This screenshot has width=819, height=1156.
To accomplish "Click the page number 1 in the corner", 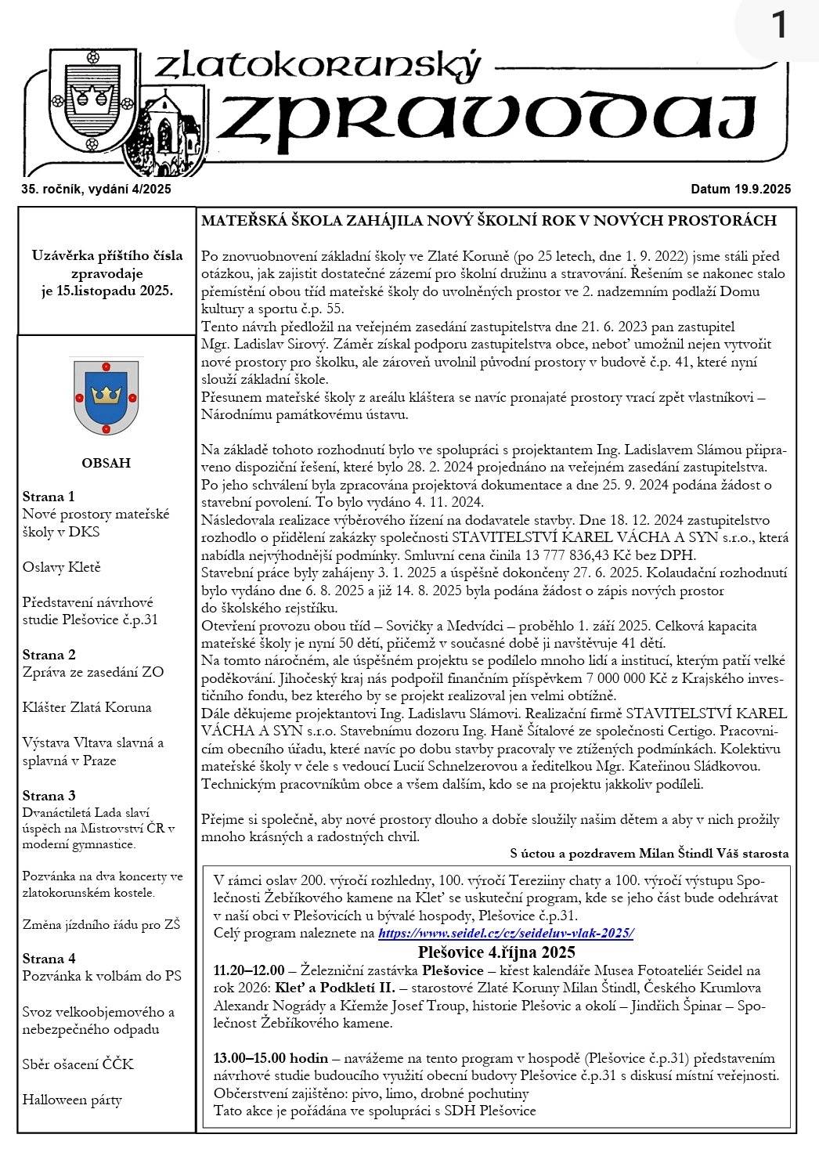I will pyautogui.click(x=779, y=27).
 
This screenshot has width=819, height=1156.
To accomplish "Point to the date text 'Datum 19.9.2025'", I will pyautogui.click(x=741, y=189).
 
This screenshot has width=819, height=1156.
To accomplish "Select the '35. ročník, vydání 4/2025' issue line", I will pyautogui.click(x=96, y=189).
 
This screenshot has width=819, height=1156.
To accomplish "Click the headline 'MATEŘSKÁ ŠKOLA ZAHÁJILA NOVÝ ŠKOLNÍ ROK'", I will pyautogui.click(x=489, y=221).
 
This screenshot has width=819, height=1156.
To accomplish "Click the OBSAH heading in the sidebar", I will pyautogui.click(x=106, y=463).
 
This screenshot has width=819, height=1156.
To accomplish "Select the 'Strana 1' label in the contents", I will pyautogui.click(x=49, y=497).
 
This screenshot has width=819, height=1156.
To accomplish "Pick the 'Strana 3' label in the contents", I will pyautogui.click(x=49, y=796).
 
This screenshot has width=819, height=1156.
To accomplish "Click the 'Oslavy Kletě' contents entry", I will pyautogui.click(x=62, y=567).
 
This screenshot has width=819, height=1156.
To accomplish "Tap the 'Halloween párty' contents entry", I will pyautogui.click(x=72, y=1100).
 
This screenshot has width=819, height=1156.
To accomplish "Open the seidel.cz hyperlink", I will pyautogui.click(x=506, y=934).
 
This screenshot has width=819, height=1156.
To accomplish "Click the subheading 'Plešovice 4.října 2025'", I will pyautogui.click(x=496, y=953).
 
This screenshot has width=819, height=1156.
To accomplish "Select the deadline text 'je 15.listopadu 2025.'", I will pyautogui.click(x=107, y=291).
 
